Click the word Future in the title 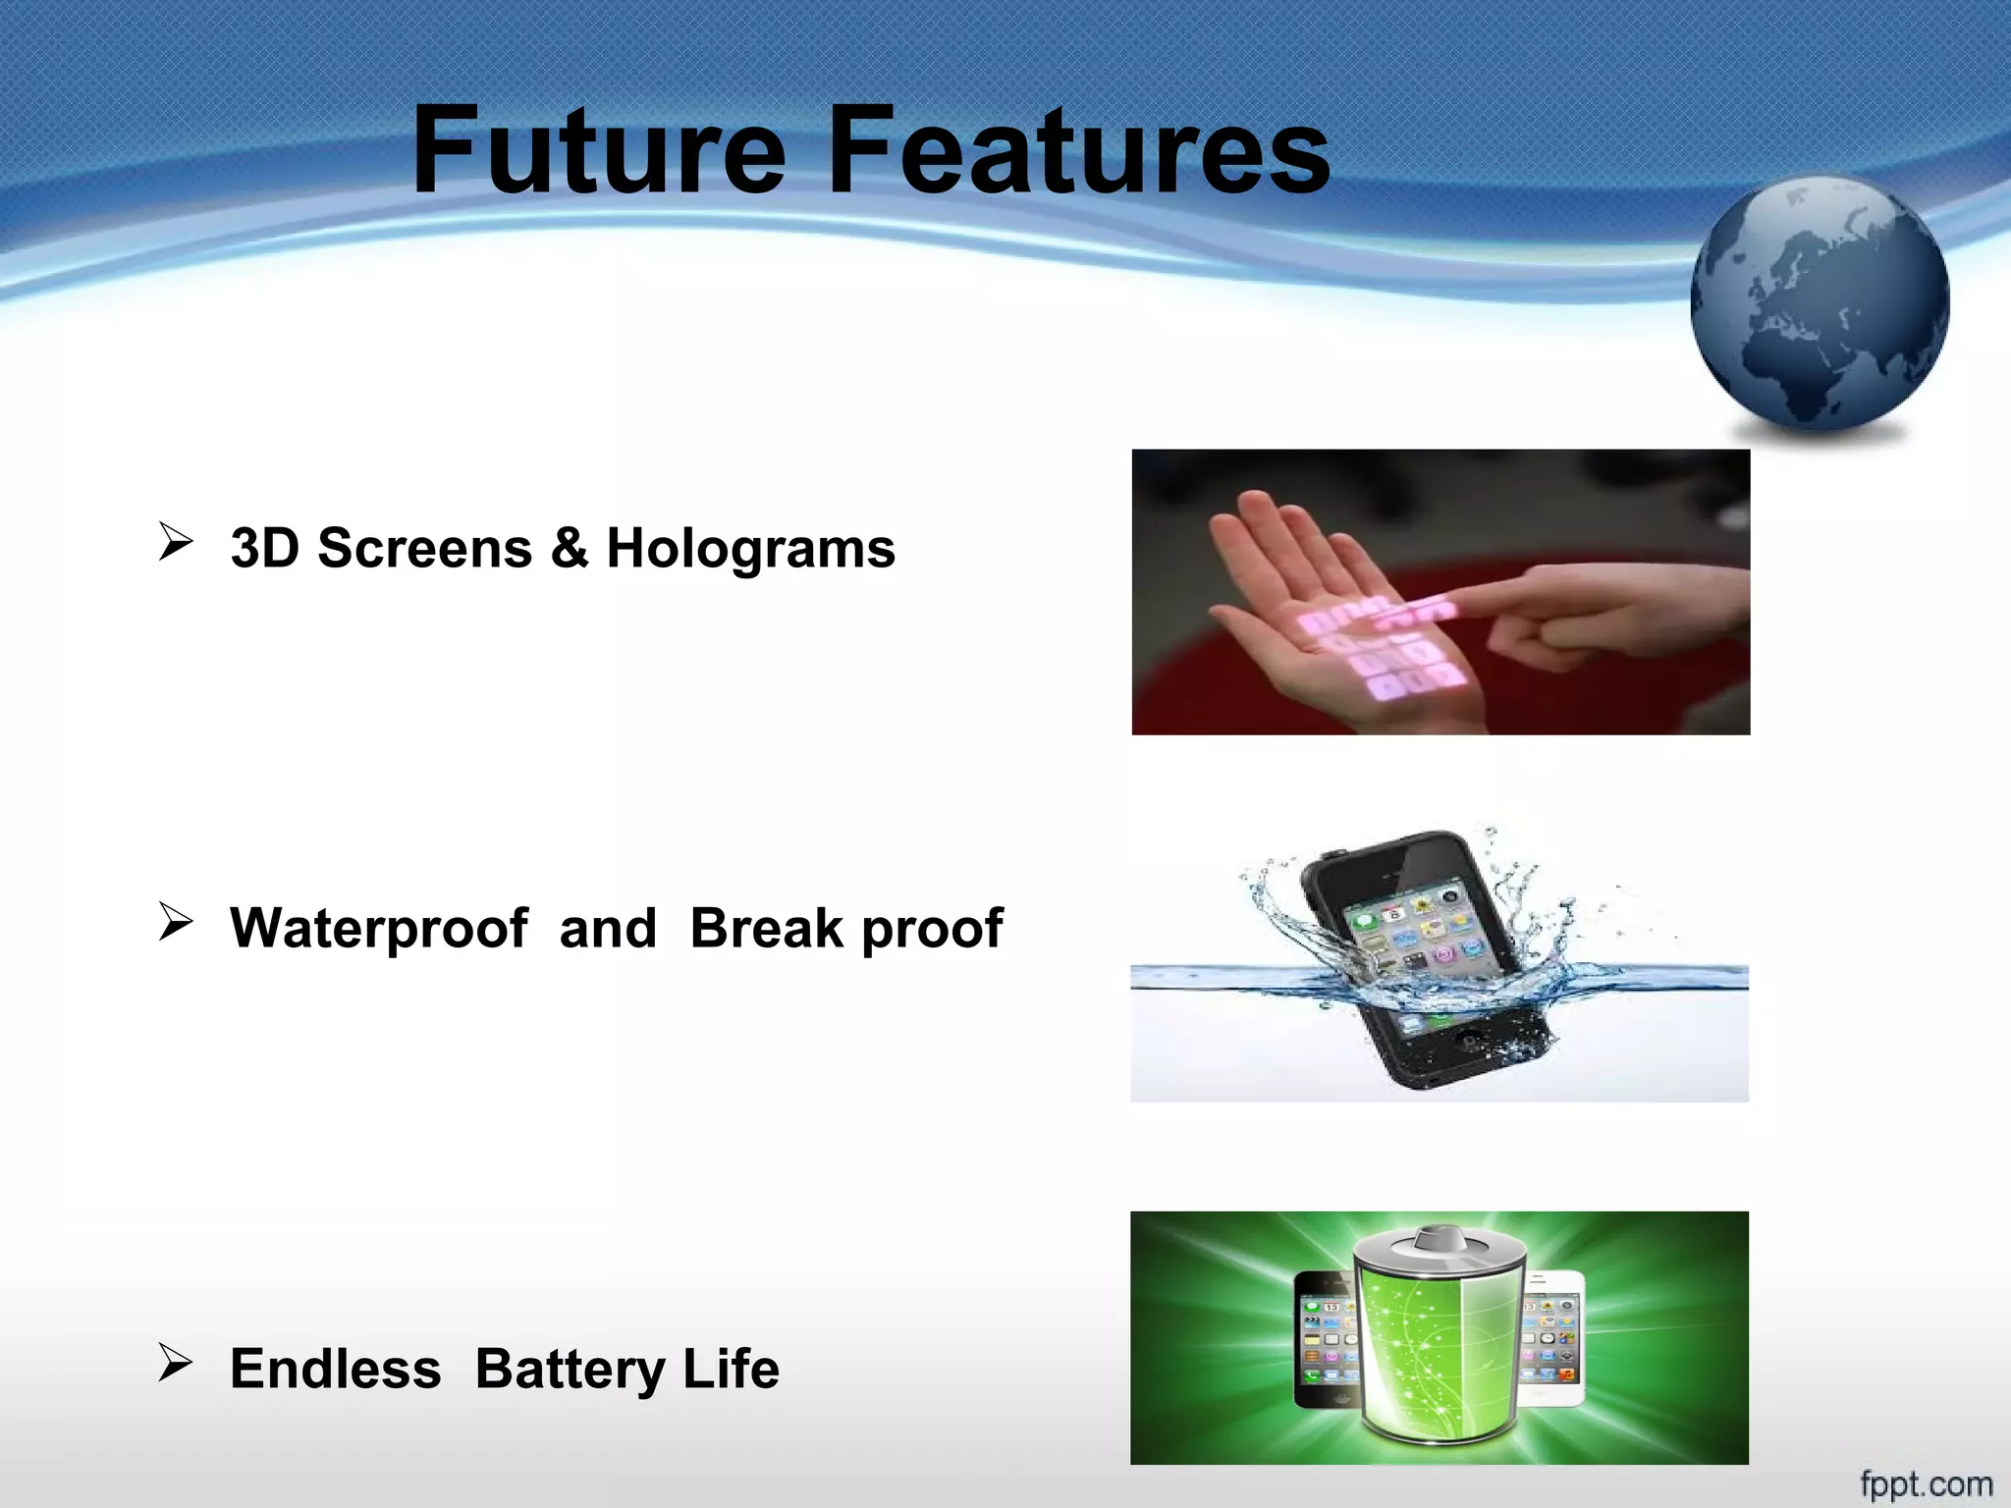(599, 152)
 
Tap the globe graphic (1820, 304)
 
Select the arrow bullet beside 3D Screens (176, 542)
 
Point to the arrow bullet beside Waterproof (176, 922)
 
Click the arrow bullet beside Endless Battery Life (176, 1363)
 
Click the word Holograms (750, 549)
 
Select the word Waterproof (379, 929)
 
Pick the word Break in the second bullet (767, 928)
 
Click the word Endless (336, 1369)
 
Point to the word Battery (571, 1371)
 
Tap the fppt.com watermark (1926, 1483)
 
